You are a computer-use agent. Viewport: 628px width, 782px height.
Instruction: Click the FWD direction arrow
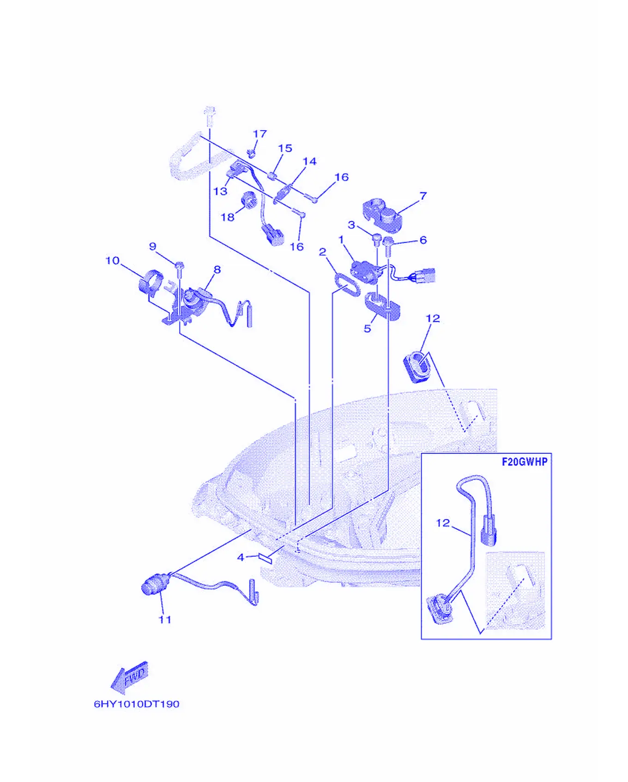pyautogui.click(x=130, y=677)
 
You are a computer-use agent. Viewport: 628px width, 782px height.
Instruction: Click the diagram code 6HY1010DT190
pyautogui.click(x=137, y=704)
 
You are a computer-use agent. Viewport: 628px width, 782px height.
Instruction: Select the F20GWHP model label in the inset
pyautogui.click(x=525, y=462)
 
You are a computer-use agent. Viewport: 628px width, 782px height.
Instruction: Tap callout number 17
pyautogui.click(x=260, y=133)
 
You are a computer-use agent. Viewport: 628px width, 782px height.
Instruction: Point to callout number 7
pyautogui.click(x=423, y=196)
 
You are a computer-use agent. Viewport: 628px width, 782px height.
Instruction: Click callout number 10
pyautogui.click(x=113, y=260)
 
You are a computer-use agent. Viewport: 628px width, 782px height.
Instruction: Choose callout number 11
pyautogui.click(x=165, y=620)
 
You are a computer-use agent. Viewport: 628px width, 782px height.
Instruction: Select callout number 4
pyautogui.click(x=240, y=557)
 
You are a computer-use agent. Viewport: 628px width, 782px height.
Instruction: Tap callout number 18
pyautogui.click(x=228, y=217)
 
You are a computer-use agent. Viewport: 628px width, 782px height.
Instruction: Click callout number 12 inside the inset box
pyautogui.click(x=443, y=523)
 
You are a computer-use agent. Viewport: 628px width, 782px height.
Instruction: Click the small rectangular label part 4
pyautogui.click(x=267, y=557)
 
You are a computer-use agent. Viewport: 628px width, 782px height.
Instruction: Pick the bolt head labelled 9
pyautogui.click(x=180, y=265)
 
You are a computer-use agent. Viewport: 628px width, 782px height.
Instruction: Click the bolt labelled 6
pyautogui.click(x=388, y=246)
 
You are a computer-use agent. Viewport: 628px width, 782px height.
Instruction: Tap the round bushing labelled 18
pyautogui.click(x=249, y=199)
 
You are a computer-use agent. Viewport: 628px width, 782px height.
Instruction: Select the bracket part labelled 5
pyautogui.click(x=382, y=305)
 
